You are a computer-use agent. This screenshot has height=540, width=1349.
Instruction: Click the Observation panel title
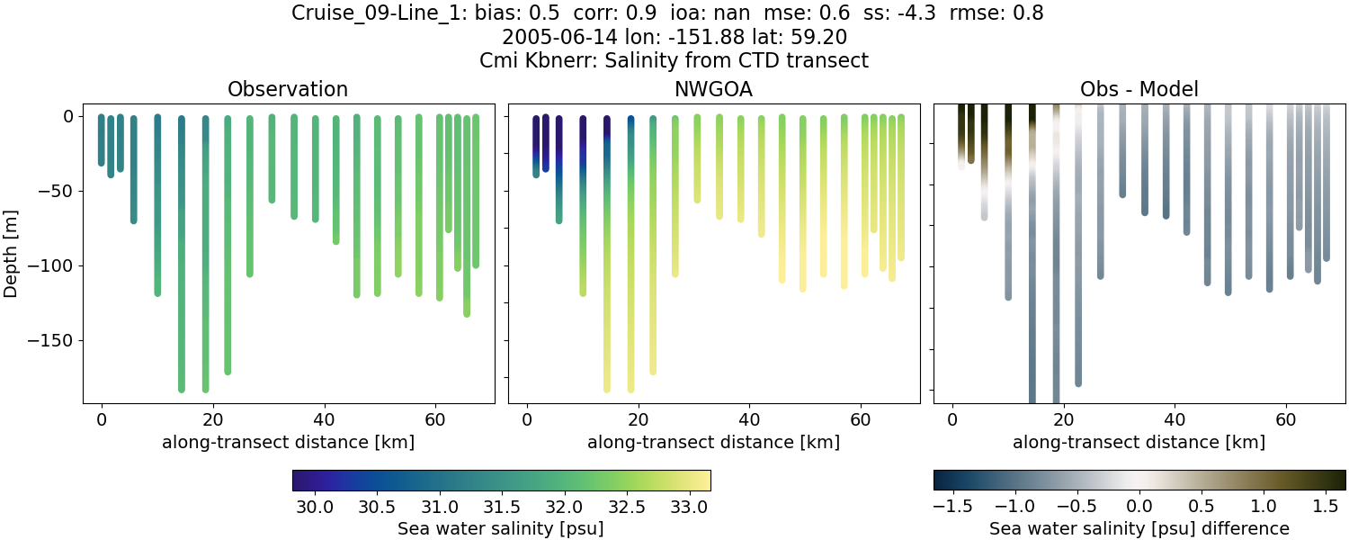[288, 89]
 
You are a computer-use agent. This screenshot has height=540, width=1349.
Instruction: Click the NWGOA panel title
[713, 89]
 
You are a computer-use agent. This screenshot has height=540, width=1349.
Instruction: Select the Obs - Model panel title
[1139, 89]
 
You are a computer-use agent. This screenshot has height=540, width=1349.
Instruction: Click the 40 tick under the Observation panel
[324, 419]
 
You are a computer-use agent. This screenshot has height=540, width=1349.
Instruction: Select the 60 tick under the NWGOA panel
[861, 419]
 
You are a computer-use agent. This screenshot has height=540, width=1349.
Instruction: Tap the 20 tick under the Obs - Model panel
[1064, 419]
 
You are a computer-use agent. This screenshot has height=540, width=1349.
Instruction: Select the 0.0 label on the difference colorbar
[1139, 507]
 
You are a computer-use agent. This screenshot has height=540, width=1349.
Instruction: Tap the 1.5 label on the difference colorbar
[1326, 507]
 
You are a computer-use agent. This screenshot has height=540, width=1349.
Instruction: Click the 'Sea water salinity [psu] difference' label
[1139, 528]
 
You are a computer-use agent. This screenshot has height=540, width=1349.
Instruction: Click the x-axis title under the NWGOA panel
[713, 442]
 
